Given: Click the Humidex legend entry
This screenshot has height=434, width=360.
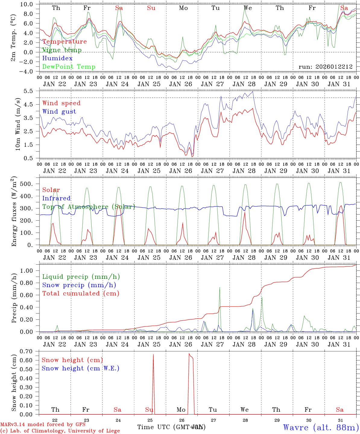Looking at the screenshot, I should [58, 58].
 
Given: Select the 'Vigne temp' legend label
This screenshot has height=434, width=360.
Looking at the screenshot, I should [62, 50].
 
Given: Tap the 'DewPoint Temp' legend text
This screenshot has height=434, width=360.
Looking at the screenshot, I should [69, 67].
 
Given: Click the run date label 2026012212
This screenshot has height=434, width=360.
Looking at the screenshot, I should [326, 67].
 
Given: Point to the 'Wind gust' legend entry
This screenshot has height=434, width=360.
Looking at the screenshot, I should [59, 112].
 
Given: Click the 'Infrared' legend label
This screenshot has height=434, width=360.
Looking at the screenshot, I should [56, 198].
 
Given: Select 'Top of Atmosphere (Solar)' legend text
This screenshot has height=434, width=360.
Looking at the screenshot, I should [89, 207].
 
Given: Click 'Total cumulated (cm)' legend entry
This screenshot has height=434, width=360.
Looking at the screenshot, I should [81, 293].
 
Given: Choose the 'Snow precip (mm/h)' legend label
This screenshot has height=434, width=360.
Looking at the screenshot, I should [79, 285].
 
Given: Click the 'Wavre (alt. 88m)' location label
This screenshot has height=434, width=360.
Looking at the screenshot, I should [321, 427].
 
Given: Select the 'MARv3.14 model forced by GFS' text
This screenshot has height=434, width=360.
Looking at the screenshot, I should [43, 424].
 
